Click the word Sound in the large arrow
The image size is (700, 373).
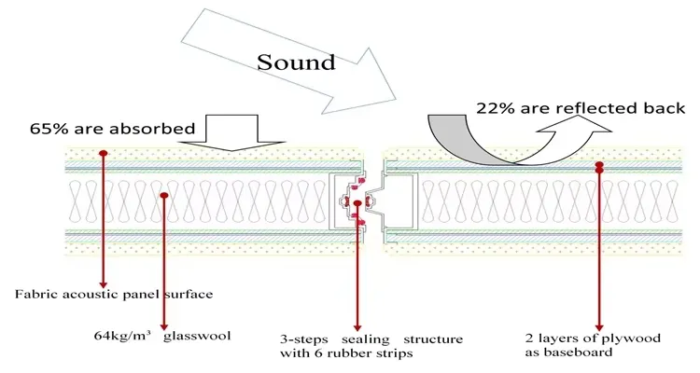[x=297, y=63]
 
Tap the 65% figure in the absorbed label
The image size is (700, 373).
[x=78, y=128]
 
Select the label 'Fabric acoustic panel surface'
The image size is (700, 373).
[x=114, y=294]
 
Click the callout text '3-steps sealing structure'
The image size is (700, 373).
[x=371, y=338]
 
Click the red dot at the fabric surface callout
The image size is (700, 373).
[x=103, y=153]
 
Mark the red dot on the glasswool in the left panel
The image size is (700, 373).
[x=163, y=196]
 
